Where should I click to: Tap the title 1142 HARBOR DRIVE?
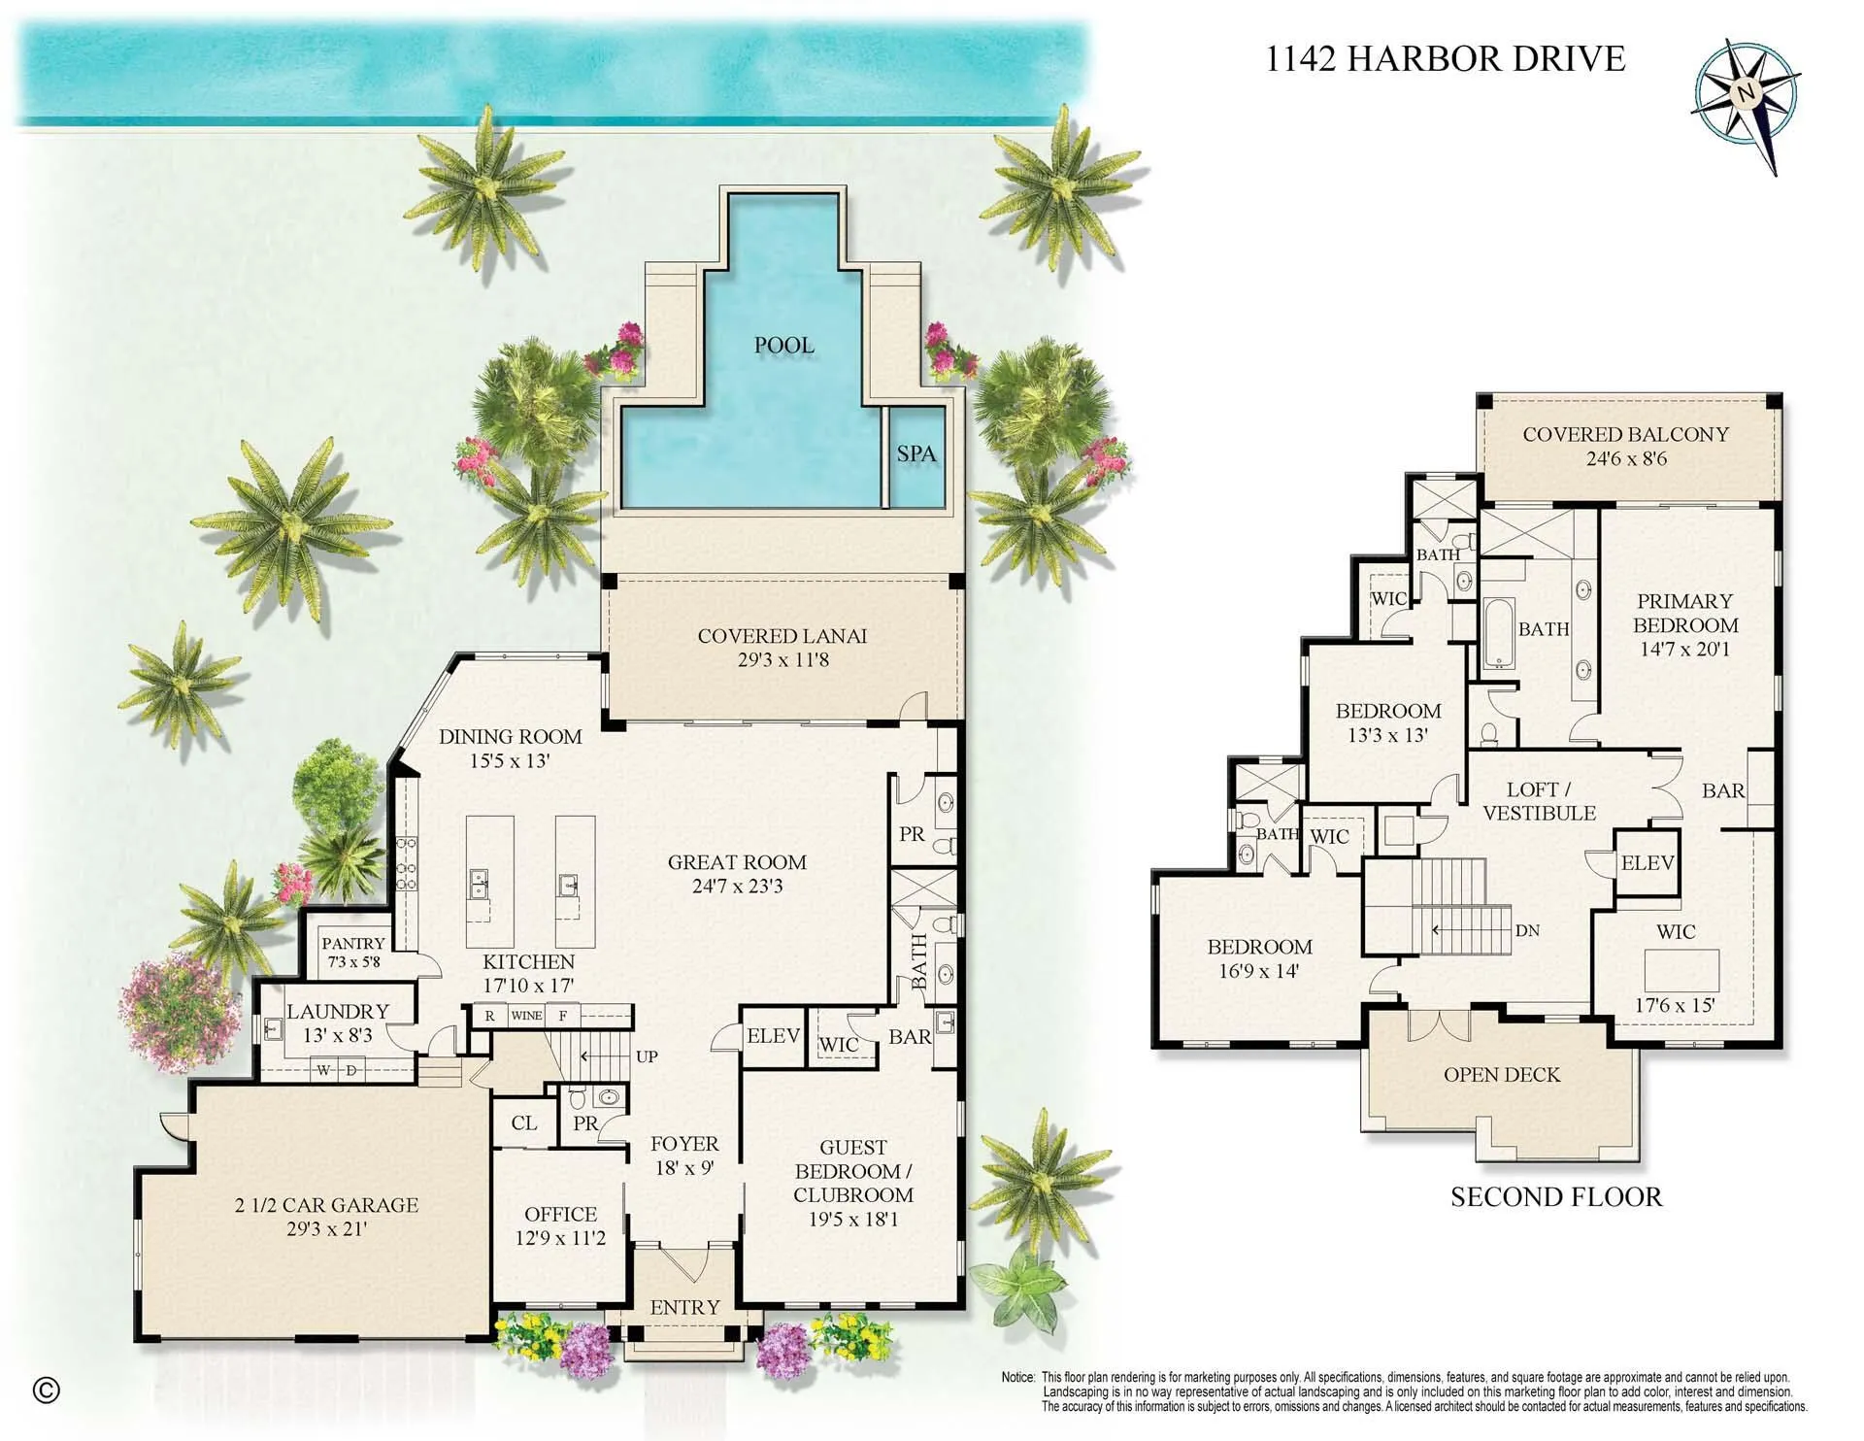[x=1446, y=59]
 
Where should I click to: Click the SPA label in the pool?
[x=916, y=453]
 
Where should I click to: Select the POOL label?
[x=784, y=345]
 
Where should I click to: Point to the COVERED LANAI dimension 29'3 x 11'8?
[x=782, y=660]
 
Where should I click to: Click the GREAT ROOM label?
[x=737, y=862]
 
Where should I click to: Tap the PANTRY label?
[x=353, y=943]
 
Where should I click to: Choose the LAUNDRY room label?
[x=338, y=1012]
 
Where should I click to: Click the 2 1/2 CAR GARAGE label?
[x=327, y=1205]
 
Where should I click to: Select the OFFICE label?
[x=560, y=1215]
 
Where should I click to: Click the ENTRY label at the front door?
[x=685, y=1308]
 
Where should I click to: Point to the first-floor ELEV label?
[x=774, y=1036]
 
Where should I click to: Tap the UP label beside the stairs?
[x=647, y=1056]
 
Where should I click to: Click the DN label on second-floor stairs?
[x=1527, y=930]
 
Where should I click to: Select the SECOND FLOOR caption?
[x=1556, y=1197]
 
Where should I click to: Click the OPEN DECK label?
[x=1502, y=1075]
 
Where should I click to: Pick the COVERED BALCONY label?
[x=1626, y=435]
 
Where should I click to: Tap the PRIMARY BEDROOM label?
[x=1685, y=613]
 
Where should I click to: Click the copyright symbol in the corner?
[x=47, y=1391]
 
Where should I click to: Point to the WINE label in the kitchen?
[x=526, y=1016]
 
